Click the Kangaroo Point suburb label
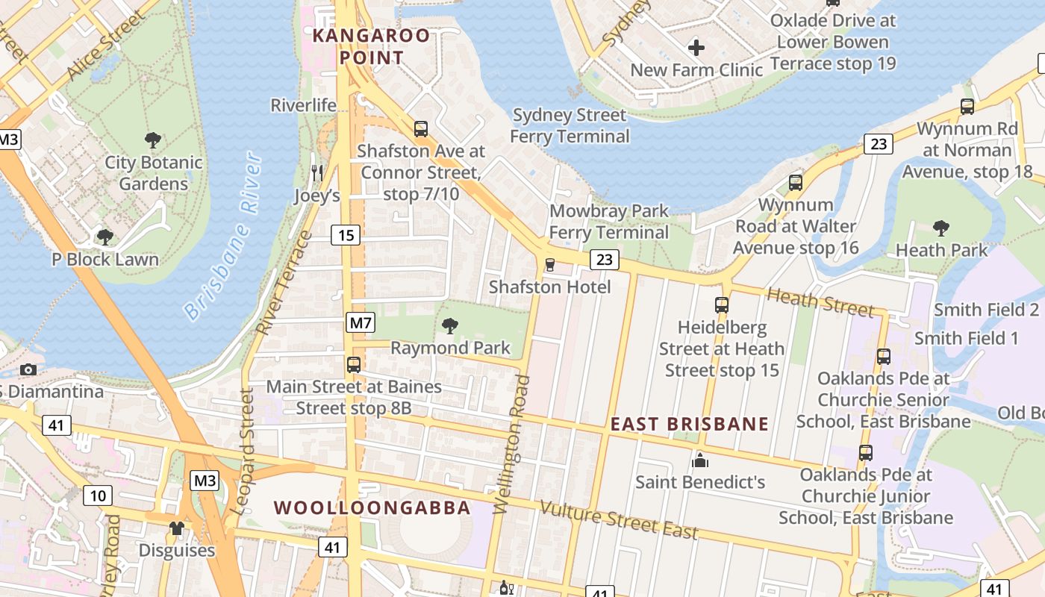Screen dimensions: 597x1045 [x=371, y=46]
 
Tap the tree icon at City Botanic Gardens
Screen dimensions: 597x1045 [x=153, y=140]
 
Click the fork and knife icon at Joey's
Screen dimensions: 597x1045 [x=317, y=173]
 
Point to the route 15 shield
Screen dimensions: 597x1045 [x=346, y=236]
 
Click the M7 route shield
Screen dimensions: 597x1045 [x=361, y=323]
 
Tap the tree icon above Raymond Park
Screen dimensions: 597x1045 [x=450, y=325]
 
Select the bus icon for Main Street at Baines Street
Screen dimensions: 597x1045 [x=354, y=365]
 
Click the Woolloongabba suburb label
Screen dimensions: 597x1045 [x=372, y=508]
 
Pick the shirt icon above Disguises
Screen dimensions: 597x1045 [x=176, y=528]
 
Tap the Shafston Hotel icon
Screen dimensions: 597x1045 [x=550, y=265]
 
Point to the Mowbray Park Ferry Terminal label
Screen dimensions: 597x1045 [x=609, y=222]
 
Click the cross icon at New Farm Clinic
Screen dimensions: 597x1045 [x=696, y=49]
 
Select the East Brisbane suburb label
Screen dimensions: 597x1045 [x=690, y=424]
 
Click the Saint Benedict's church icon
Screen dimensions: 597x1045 [x=700, y=460]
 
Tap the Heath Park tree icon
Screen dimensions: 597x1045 [x=941, y=228]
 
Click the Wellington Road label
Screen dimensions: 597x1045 [x=511, y=445]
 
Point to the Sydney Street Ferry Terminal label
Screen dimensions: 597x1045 [x=570, y=126]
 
